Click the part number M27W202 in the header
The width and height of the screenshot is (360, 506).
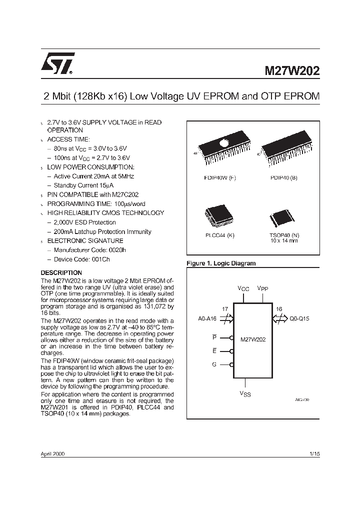tap(292, 70)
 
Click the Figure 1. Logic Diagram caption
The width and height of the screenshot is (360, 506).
tap(220, 263)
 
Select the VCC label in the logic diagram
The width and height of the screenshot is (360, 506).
tap(243, 289)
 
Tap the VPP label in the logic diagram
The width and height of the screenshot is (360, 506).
tap(262, 289)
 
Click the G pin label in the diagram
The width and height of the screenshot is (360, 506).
tap(214, 364)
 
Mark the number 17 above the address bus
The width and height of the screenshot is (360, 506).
tap(225, 309)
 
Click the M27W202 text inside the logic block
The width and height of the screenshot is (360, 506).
tap(252, 339)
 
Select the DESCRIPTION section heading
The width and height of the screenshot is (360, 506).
tap(61, 272)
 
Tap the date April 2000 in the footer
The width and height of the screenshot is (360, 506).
tap(52, 454)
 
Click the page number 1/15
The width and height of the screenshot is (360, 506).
tap(314, 454)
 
